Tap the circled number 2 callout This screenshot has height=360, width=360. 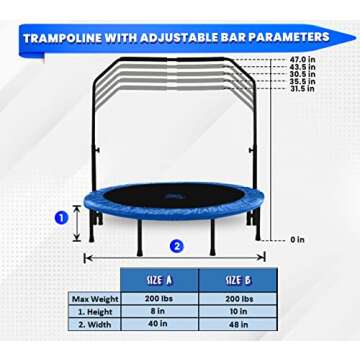click(x=176, y=245)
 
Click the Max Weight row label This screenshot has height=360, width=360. click(x=94, y=298)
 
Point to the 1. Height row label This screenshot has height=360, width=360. click(x=94, y=312)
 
